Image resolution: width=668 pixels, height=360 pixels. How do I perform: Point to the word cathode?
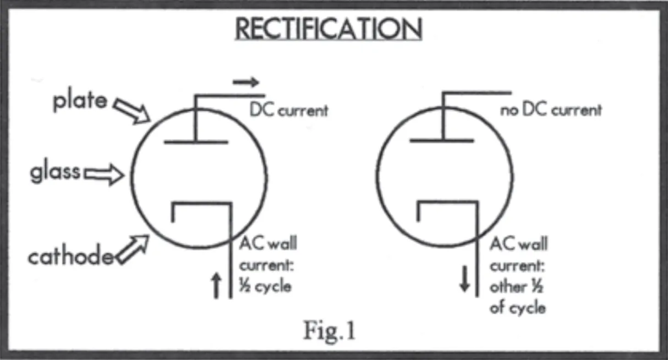point(70,256)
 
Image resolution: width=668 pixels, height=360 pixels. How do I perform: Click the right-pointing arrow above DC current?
point(245,83)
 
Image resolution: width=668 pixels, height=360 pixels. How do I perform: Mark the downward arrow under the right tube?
point(465,280)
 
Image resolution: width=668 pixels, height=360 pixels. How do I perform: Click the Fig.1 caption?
point(329,330)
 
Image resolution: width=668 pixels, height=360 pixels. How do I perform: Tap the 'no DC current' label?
point(551,110)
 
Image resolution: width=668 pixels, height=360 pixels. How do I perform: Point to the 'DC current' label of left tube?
point(289,110)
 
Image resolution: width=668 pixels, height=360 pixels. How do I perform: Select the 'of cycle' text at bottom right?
point(517,307)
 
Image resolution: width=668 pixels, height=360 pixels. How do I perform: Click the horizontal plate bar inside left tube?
point(196,142)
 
